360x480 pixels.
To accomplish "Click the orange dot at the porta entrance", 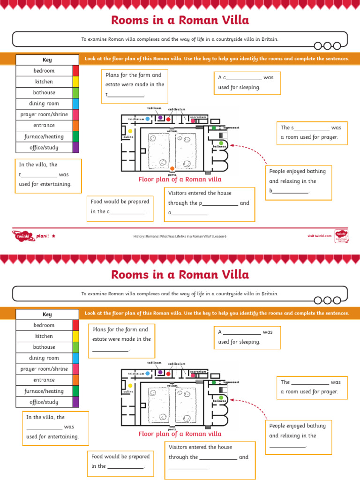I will [x=172, y=168].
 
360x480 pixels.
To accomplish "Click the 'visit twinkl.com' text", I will [x=319, y=236].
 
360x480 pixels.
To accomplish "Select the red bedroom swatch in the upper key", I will [x=75, y=71].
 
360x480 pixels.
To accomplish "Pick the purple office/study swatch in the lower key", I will [x=75, y=402].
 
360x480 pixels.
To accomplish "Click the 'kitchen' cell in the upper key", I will [x=44, y=82].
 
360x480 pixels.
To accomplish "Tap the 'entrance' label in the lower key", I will [x=44, y=380].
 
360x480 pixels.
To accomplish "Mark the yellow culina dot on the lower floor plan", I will [x=130, y=386].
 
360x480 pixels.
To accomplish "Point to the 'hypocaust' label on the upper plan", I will [x=231, y=127].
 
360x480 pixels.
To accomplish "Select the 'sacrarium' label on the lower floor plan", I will [x=198, y=371].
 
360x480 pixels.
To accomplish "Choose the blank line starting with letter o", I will [x=188, y=213].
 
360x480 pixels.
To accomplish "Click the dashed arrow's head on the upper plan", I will [x=232, y=146].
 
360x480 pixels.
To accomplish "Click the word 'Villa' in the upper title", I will [x=231, y=20].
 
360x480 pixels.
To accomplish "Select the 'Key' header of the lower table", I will [x=47, y=315].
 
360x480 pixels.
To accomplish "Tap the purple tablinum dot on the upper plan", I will [x=160, y=118].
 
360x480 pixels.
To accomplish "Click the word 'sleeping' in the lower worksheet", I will [x=249, y=342].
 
